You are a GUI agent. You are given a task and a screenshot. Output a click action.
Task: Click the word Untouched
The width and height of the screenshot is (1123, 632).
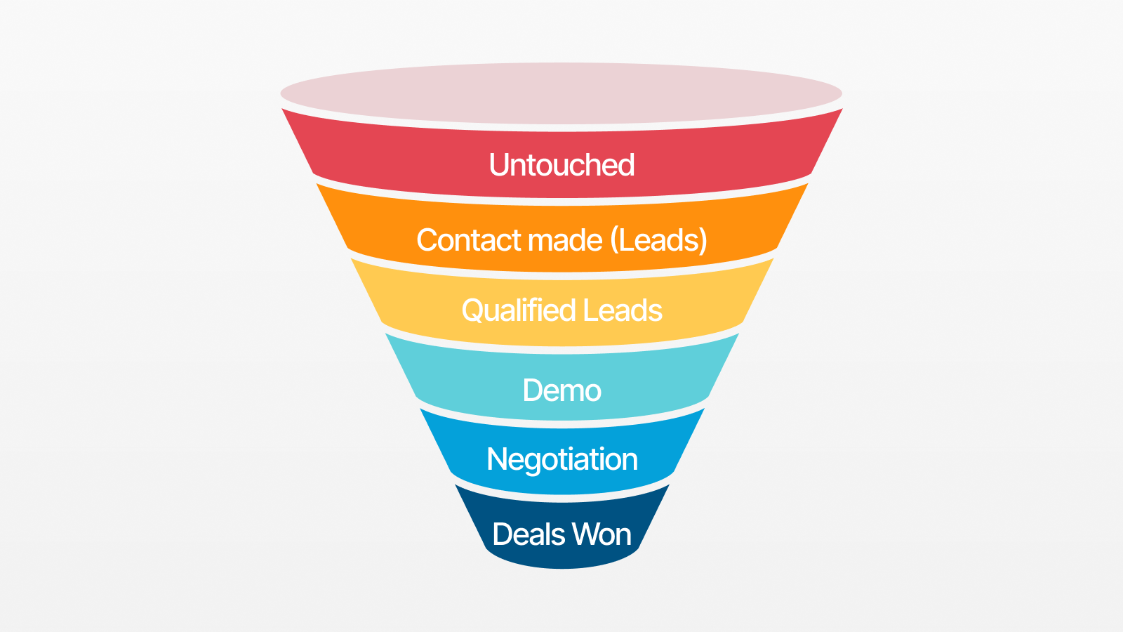coord(561,164)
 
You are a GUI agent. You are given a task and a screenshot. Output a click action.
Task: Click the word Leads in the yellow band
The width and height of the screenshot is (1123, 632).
coord(623,310)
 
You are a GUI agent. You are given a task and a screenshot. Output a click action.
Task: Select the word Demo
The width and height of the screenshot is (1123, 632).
coord(561,390)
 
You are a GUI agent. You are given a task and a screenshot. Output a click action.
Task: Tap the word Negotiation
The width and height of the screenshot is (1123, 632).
coord(562,460)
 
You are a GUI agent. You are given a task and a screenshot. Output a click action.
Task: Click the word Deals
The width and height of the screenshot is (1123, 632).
coord(529,534)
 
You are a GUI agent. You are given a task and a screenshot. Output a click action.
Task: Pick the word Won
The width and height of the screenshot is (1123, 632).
coord(602,534)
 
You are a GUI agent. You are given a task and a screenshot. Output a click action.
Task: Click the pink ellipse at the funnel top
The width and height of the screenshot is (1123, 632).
coord(561,93)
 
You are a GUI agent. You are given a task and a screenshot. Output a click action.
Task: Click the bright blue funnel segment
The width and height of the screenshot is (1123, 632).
coord(561,452)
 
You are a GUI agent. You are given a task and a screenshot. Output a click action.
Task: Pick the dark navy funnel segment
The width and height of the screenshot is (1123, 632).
coord(561,527)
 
